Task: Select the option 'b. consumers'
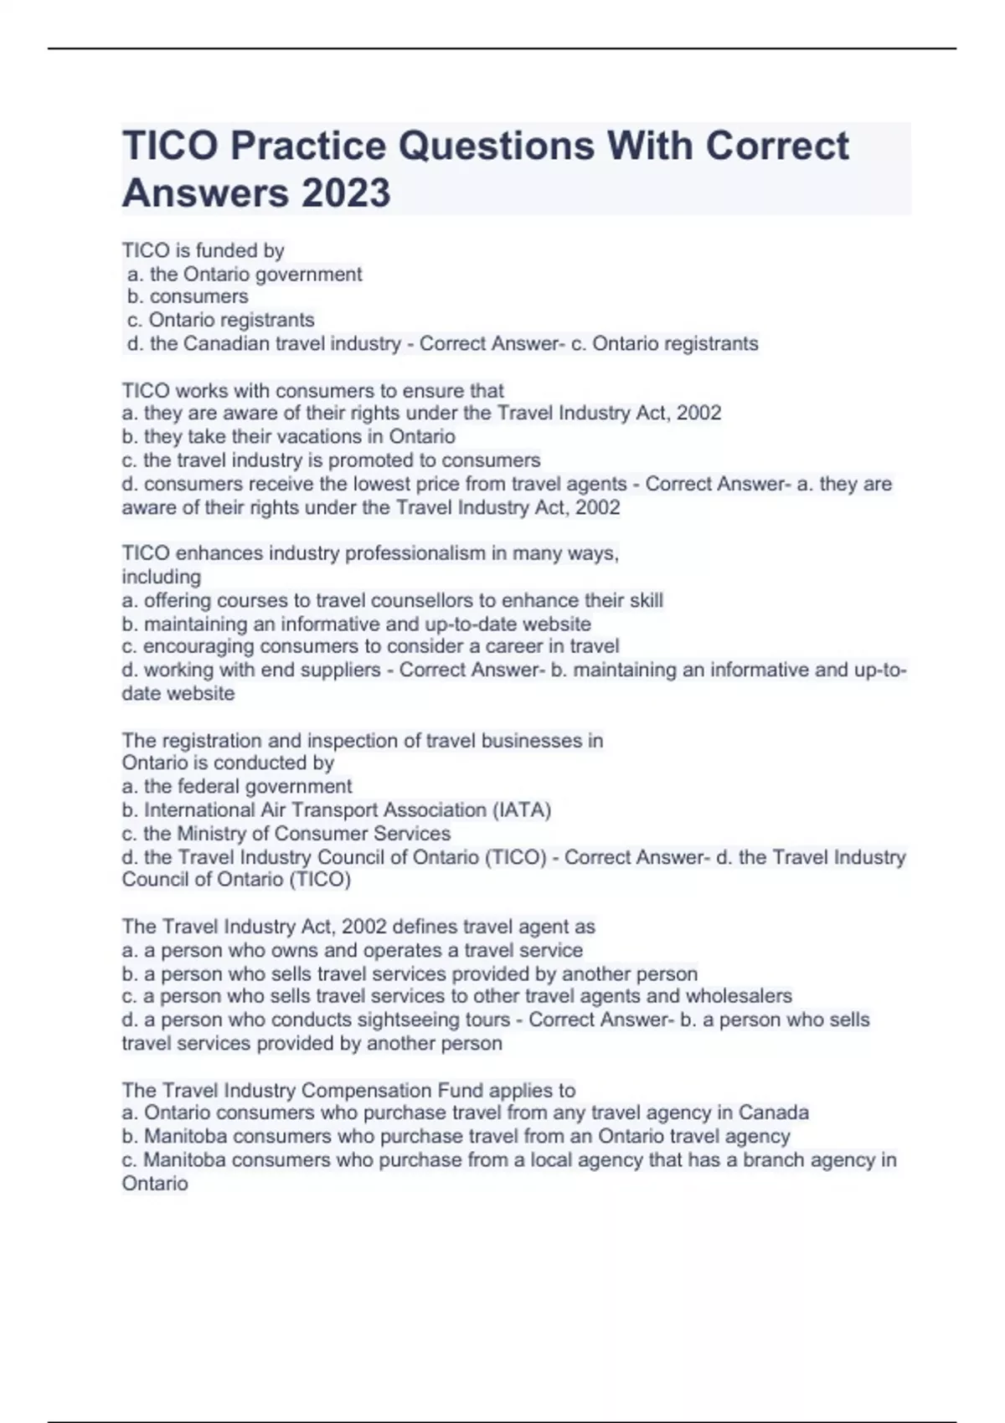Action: pos(188,296)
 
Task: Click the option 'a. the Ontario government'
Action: pos(245,274)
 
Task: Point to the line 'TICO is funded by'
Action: pos(204,250)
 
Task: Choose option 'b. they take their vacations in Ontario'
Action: pos(288,436)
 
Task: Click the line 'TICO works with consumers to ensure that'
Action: pos(312,390)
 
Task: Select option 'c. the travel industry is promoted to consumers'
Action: pos(331,460)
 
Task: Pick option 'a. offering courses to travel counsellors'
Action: pos(392,600)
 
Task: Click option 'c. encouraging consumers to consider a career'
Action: pos(370,646)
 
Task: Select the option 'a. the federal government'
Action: pos(237,786)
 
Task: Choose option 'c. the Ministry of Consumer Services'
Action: pos(286,833)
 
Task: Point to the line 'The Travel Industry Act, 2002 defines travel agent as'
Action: pos(358,927)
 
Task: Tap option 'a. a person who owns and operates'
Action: pos(352,950)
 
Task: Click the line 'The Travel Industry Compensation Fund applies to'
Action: pos(348,1090)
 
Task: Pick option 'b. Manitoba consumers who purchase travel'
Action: pos(456,1136)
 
